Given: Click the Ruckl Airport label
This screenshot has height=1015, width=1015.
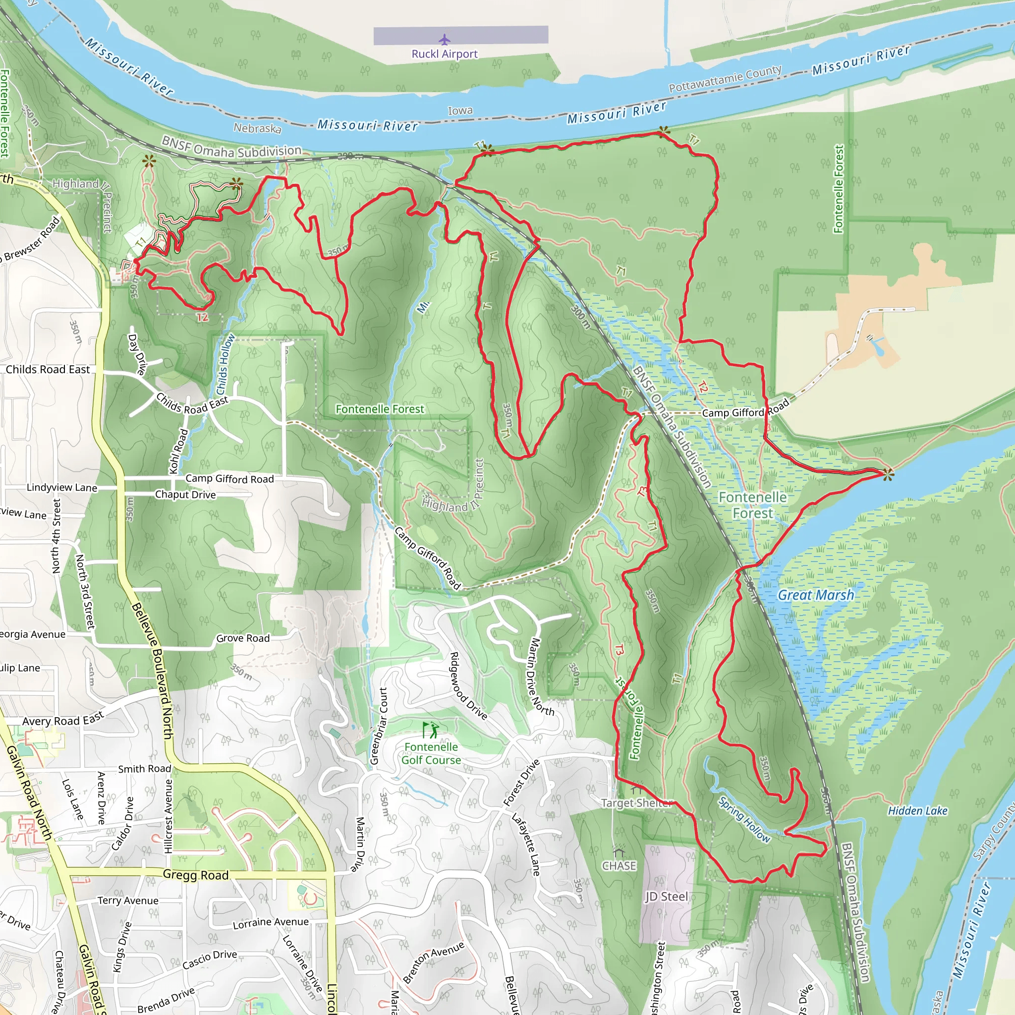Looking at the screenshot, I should click(445, 54).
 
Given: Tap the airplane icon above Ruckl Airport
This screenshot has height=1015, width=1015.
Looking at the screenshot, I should click(445, 40).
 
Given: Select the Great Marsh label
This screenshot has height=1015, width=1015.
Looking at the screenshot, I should click(815, 595).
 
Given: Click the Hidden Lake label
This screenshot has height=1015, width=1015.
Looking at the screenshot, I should click(917, 811).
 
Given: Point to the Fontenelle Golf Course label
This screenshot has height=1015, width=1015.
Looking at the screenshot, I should click(431, 753).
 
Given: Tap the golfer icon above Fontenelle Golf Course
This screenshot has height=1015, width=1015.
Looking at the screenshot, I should click(431, 730).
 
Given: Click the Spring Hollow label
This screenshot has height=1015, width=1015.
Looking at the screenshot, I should click(744, 819).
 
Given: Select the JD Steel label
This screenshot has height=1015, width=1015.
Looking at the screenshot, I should click(666, 896).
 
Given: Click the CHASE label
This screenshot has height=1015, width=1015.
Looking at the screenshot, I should click(619, 866).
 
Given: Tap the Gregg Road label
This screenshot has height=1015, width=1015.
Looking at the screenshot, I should click(195, 875).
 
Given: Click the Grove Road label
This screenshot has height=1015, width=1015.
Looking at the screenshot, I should click(243, 638).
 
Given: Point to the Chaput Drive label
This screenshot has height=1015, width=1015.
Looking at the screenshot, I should click(185, 495).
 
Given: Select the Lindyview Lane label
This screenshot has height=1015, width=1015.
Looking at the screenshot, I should click(62, 488).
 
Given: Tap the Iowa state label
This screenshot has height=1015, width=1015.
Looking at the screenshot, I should click(460, 111).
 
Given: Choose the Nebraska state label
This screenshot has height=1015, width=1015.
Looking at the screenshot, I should click(257, 128).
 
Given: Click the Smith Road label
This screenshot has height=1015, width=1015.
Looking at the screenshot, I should click(145, 769).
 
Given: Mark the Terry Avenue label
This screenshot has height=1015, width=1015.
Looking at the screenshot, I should click(128, 901).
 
